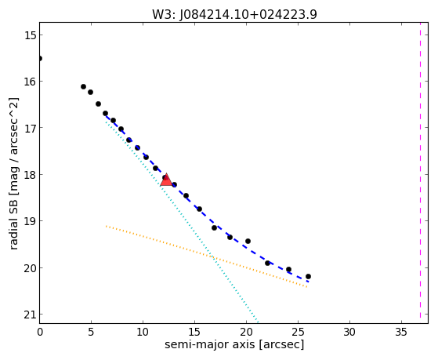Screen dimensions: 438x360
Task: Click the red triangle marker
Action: click(166, 180)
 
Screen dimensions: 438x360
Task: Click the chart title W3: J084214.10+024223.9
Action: click(234, 14)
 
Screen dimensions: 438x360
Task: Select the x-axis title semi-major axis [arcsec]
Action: click(234, 344)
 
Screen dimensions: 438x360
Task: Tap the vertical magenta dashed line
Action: click(420, 173)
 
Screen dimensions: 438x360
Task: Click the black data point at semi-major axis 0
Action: click(40, 59)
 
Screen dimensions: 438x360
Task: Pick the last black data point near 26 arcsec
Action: click(308, 276)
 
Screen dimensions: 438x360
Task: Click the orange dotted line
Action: click(206, 256)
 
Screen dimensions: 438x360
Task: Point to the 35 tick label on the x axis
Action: click(401, 332)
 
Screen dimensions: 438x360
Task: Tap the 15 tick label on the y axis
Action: click(30, 35)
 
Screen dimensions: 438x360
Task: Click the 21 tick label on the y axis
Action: click(30, 315)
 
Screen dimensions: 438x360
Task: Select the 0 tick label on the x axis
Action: click(40, 332)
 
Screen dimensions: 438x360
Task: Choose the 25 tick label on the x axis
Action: click(298, 332)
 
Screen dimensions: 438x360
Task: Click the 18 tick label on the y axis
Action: click(30, 175)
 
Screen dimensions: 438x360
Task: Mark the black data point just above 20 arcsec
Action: click(248, 241)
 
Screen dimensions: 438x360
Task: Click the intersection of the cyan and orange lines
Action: click(213, 257)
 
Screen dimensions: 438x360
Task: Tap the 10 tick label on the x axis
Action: click(143, 332)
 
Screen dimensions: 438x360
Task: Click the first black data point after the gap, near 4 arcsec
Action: click(83, 87)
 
